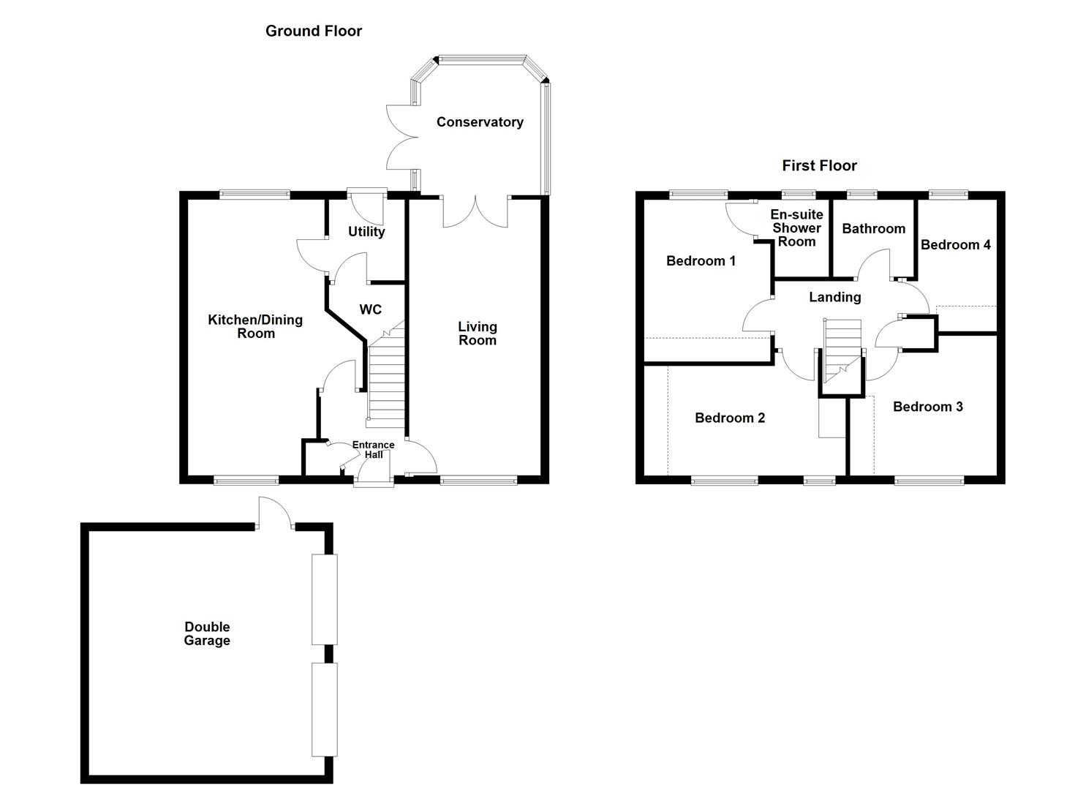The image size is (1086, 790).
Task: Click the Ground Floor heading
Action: tap(314, 31)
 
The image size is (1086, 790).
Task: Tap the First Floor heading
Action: tap(819, 166)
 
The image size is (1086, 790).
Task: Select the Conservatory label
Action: tap(480, 122)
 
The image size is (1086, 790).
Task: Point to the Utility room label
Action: tap(366, 232)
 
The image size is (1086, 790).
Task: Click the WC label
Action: tap(370, 309)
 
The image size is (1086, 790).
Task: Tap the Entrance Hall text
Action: tap(373, 450)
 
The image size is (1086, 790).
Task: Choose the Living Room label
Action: tap(478, 334)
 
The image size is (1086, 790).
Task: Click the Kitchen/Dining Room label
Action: tap(255, 326)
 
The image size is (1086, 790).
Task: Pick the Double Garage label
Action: tap(207, 633)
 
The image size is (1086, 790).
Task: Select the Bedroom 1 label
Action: tap(701, 261)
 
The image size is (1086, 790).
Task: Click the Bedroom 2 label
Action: tap(730, 418)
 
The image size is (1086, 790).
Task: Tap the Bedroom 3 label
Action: tap(928, 407)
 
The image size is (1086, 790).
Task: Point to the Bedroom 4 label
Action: tap(956, 245)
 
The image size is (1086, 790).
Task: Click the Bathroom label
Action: tap(874, 229)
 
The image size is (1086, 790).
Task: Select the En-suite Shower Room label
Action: tap(796, 228)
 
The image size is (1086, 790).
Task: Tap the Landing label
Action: tap(835, 297)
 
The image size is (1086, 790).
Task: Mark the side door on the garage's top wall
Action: tap(275, 513)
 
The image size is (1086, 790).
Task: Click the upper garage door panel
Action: tap(325, 599)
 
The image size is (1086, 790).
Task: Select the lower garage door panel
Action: tap(325, 710)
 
